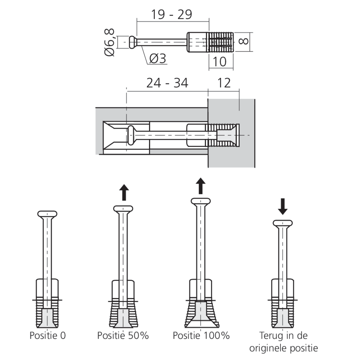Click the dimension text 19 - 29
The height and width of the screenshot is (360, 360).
coord(171,14)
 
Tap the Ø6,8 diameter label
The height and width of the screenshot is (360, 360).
coord(109,42)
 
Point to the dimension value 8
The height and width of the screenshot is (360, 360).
coord(244,40)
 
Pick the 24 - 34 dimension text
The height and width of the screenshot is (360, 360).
coord(167,83)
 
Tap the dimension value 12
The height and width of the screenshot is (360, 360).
coord(224,83)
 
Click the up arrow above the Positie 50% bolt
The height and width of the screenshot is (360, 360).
coord(124,192)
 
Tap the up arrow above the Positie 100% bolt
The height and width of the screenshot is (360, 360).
coord(201,185)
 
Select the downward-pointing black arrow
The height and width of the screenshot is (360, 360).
coord(283,206)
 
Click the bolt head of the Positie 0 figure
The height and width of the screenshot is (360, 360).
coord(47,214)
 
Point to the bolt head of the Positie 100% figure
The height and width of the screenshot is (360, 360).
coord(201,201)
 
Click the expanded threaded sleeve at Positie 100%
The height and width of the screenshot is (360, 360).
coord(201,311)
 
